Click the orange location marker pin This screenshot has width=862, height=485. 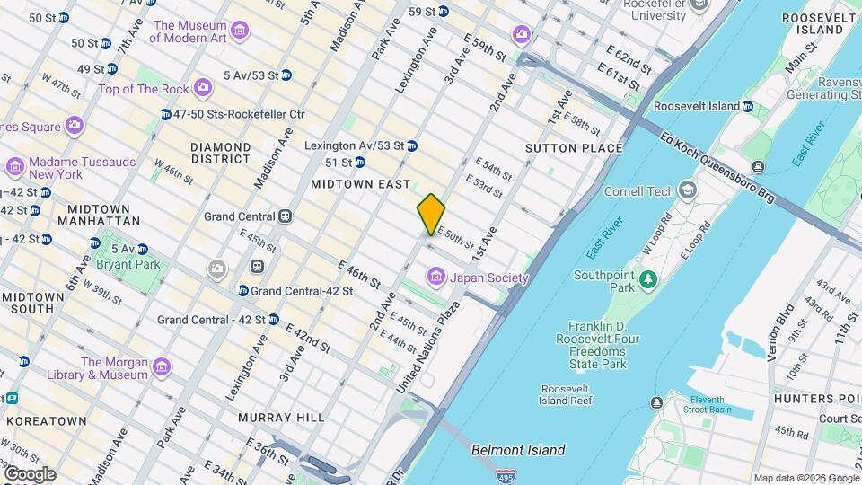(x=431, y=214)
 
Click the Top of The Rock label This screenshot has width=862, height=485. (x=144, y=88)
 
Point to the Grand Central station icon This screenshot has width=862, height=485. (x=286, y=216)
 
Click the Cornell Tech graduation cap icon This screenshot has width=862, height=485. (x=688, y=190)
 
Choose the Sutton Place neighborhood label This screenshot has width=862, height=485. (x=574, y=148)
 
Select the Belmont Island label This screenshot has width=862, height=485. (x=518, y=450)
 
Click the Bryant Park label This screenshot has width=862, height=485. (x=133, y=264)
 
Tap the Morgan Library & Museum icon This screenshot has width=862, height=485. (x=161, y=367)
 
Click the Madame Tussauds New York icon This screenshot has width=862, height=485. (x=14, y=167)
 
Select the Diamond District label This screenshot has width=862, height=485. (x=220, y=153)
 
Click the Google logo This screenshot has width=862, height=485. (x=29, y=474)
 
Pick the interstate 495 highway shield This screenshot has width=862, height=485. (x=507, y=472)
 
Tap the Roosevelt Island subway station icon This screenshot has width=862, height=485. (x=747, y=106)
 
